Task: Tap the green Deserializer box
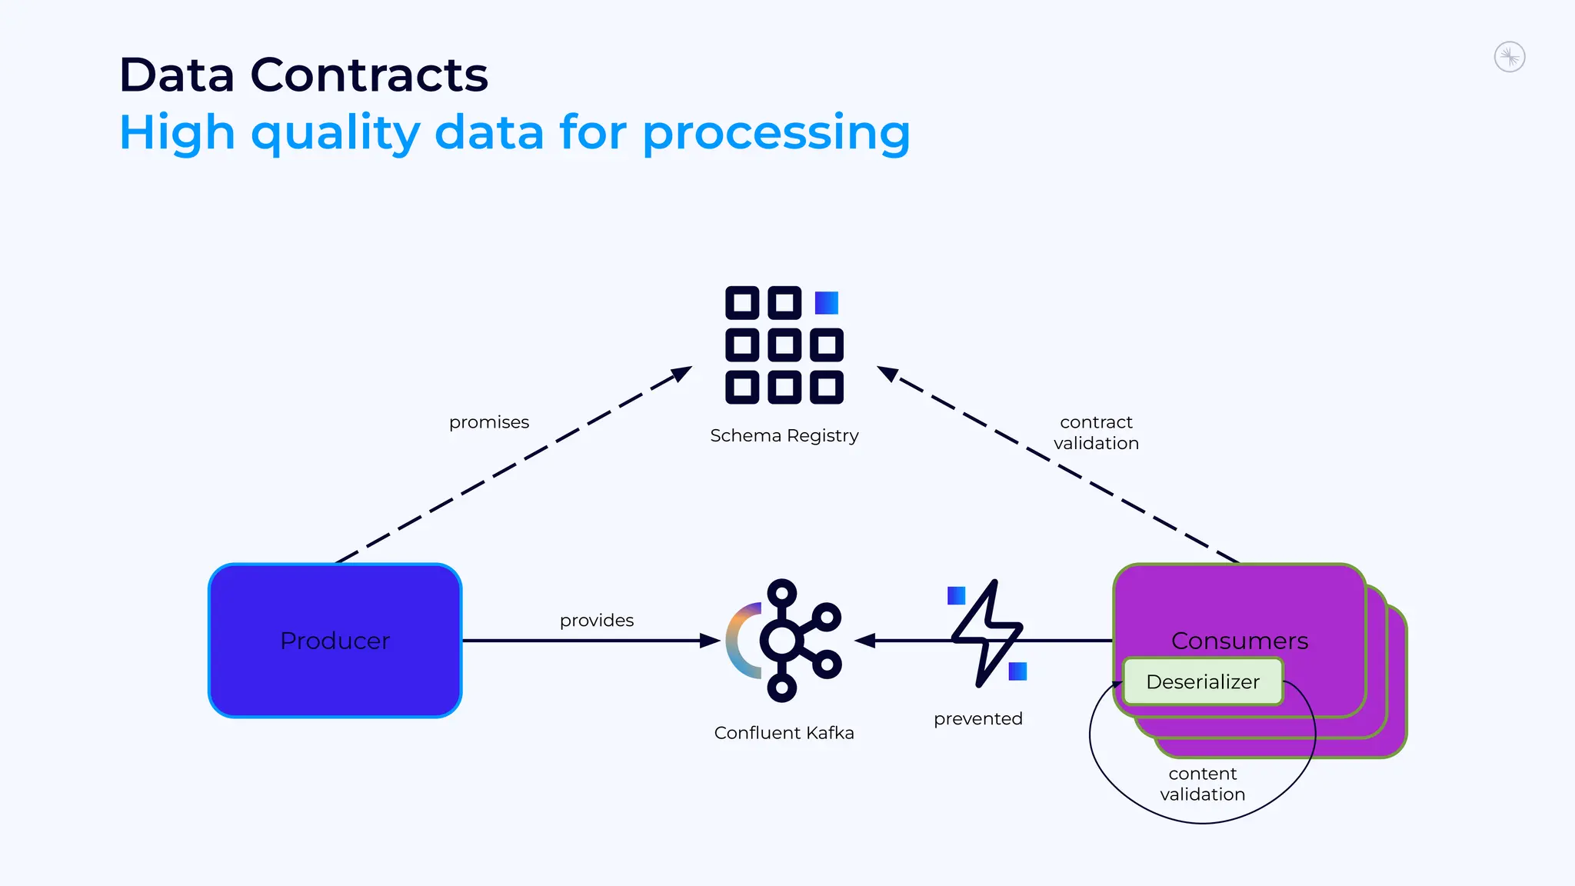point(1202,681)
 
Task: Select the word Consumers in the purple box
point(1239,641)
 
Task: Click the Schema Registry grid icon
point(784,345)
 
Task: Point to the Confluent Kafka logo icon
point(784,640)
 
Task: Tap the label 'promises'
point(489,422)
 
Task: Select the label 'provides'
point(597,621)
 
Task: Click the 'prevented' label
point(977,719)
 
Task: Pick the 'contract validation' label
point(1096,432)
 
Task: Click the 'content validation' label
point(1202,784)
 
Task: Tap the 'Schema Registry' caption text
point(784,436)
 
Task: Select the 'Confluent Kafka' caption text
point(784,733)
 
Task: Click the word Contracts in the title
point(369,75)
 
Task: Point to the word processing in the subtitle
point(776,133)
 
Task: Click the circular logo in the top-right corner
point(1509,57)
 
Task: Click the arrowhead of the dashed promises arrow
point(682,373)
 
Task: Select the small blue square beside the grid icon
point(826,302)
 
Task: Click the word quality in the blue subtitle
point(335,133)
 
